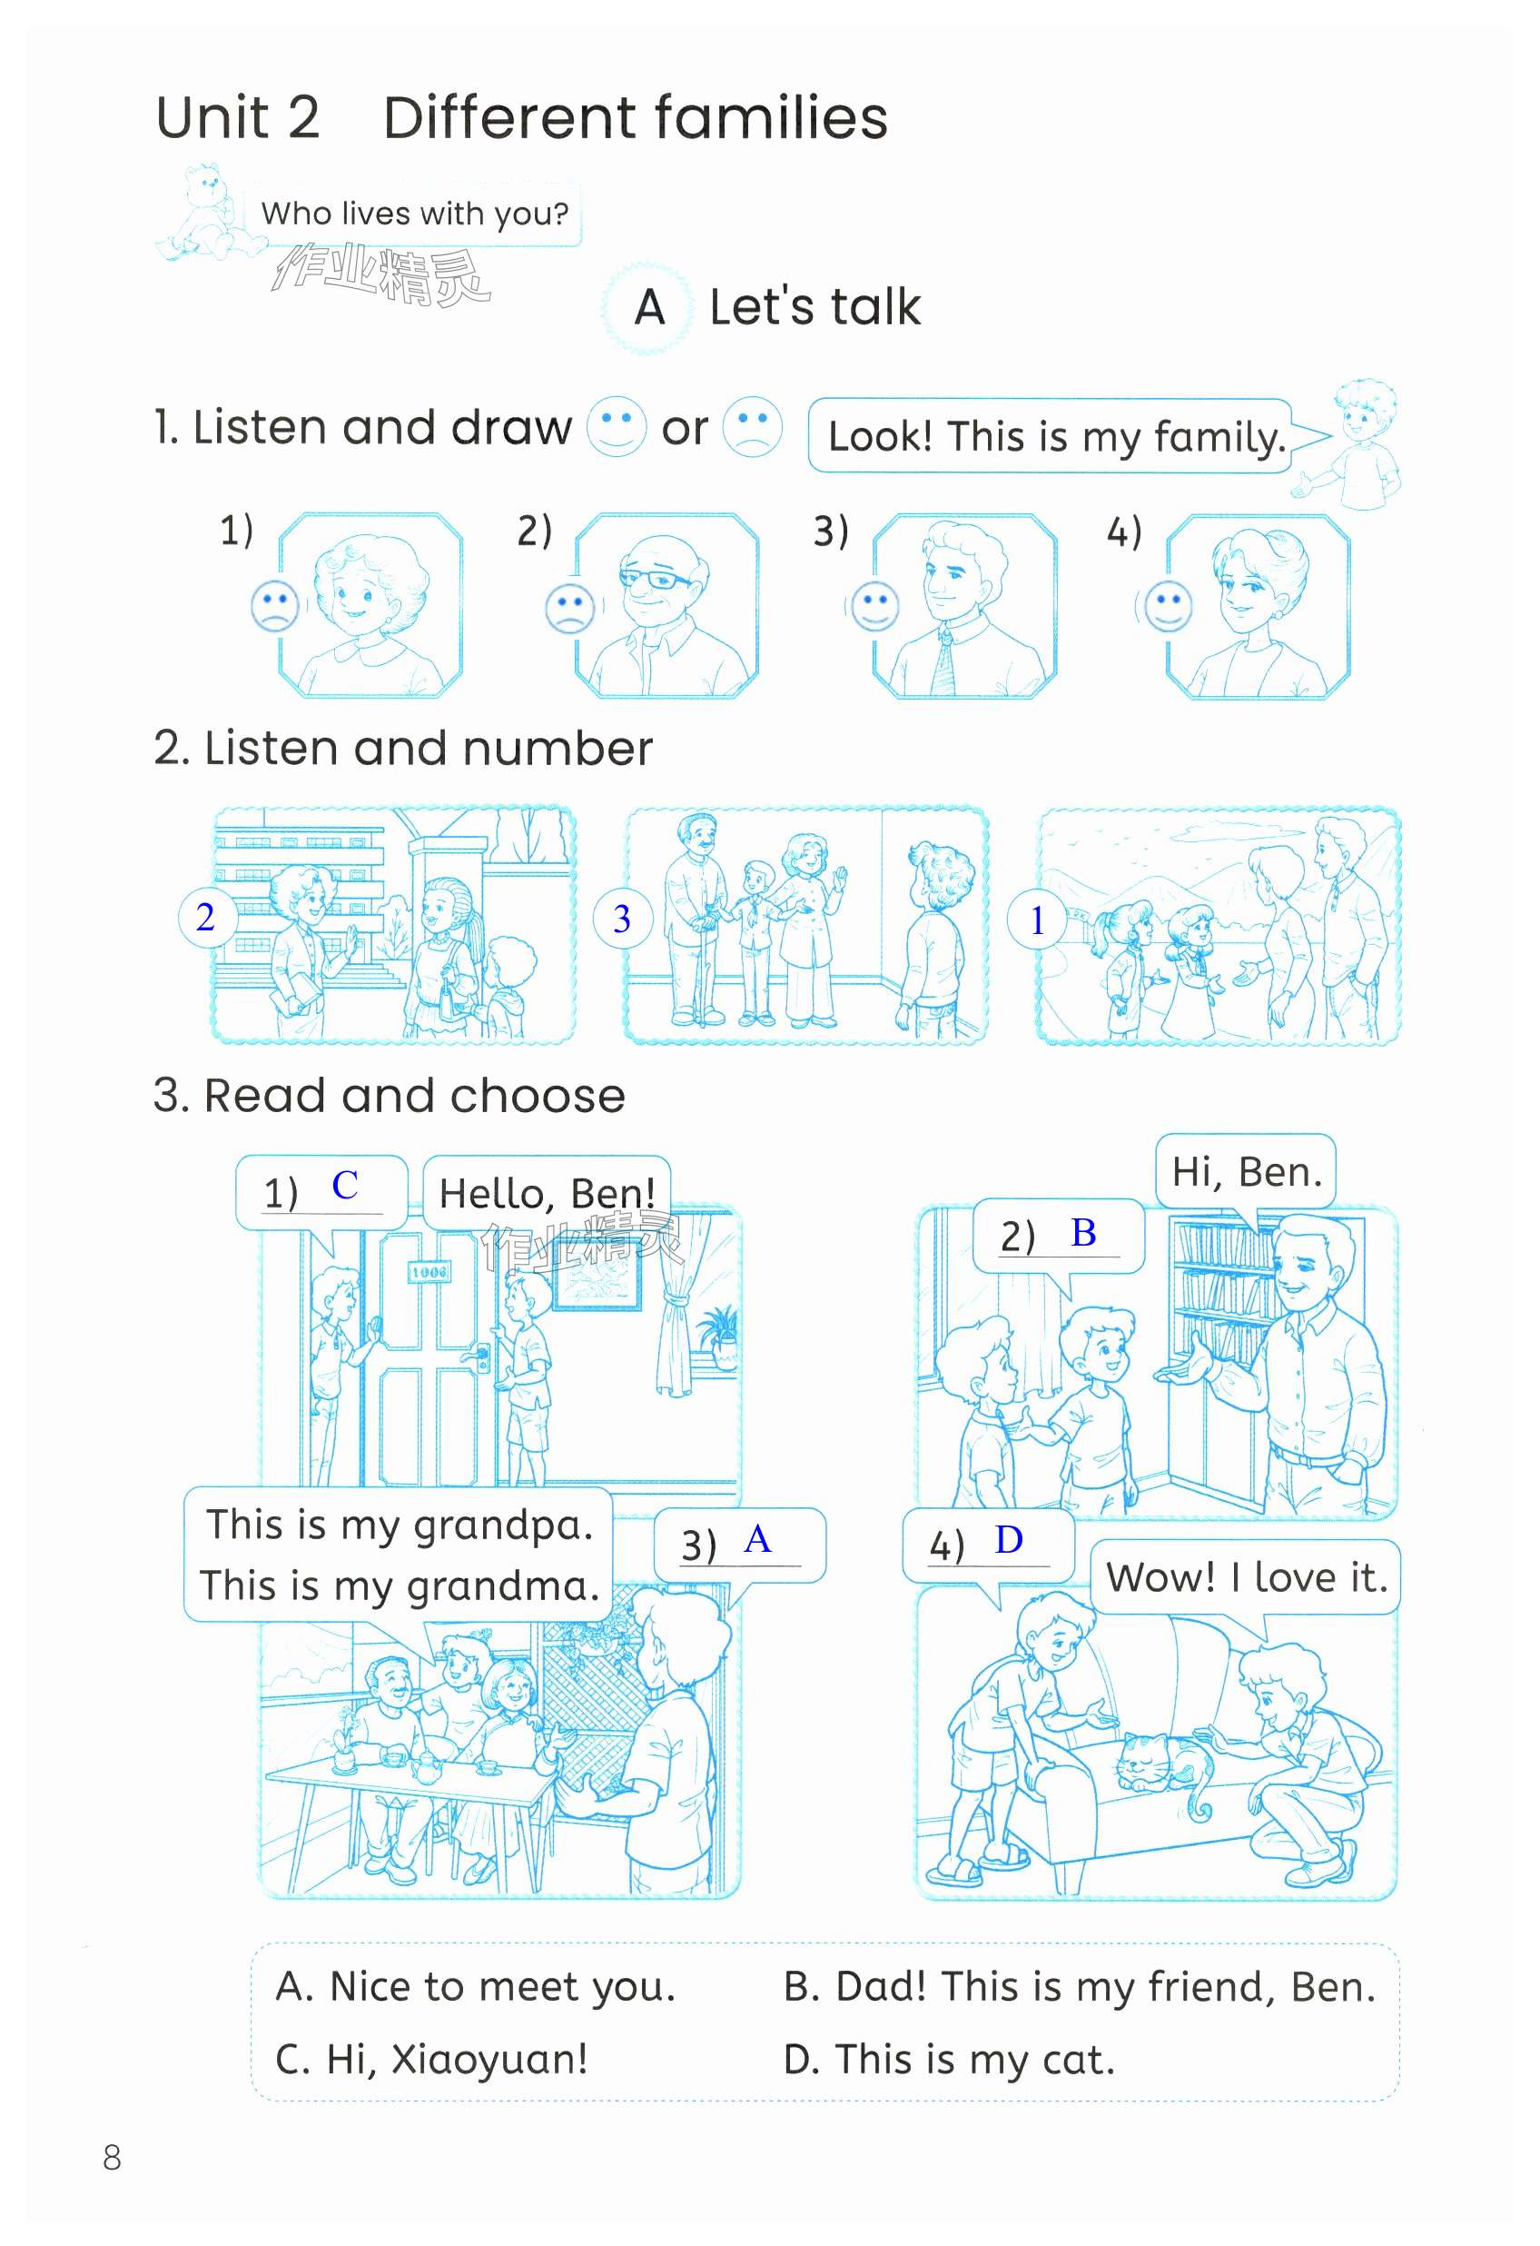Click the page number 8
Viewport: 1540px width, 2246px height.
(x=112, y=2157)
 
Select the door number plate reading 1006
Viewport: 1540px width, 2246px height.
(x=429, y=1272)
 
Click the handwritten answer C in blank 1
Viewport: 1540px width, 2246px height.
(x=345, y=1185)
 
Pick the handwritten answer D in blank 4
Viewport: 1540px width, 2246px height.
(x=1009, y=1539)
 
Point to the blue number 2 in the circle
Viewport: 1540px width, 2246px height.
(x=206, y=917)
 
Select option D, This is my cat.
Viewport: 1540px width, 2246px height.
(x=949, y=2059)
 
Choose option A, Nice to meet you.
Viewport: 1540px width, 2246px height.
(x=475, y=1986)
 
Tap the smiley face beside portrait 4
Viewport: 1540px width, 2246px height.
(x=1168, y=606)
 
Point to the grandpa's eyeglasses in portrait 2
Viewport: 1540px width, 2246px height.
(x=653, y=579)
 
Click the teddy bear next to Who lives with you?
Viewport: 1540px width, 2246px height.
(x=202, y=213)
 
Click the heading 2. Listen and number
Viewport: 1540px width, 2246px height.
(x=403, y=748)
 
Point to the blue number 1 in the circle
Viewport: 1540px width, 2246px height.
(x=1038, y=920)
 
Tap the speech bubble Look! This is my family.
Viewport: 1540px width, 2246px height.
(x=1057, y=436)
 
